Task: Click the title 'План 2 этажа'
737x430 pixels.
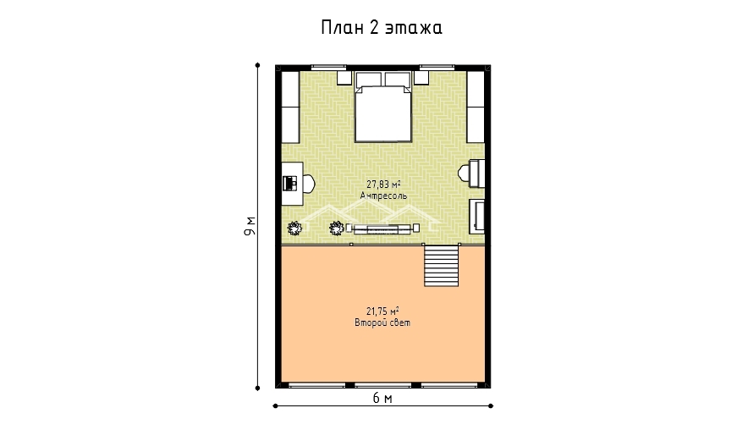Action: click(x=382, y=28)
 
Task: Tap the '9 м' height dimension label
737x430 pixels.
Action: click(x=250, y=226)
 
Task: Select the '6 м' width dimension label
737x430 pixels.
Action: click(x=382, y=398)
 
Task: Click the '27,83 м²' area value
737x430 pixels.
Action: click(x=383, y=185)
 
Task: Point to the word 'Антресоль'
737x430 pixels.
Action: click(x=383, y=196)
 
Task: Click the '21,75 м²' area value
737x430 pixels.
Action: click(x=382, y=311)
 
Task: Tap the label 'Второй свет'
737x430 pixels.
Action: click(x=382, y=322)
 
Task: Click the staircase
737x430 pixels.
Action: click(x=442, y=266)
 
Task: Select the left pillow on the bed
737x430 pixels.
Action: click(x=368, y=80)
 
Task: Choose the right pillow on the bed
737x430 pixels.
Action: click(x=398, y=80)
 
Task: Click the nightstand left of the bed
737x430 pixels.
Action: click(x=344, y=78)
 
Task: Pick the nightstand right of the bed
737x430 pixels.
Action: click(x=421, y=78)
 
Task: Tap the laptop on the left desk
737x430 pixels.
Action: click(x=290, y=183)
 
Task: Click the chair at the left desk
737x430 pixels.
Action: click(x=309, y=184)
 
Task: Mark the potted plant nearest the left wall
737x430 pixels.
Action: click(x=294, y=229)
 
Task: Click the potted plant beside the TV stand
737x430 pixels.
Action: click(x=337, y=229)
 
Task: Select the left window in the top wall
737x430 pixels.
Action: click(x=328, y=68)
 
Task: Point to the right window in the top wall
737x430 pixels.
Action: click(x=437, y=68)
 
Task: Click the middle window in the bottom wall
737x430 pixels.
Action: click(x=382, y=386)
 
